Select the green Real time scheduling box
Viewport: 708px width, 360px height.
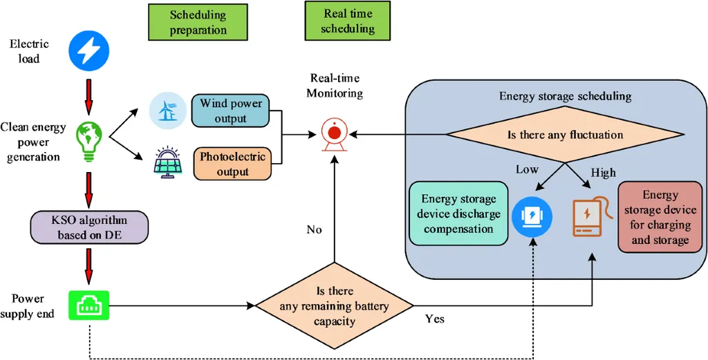pos(348,21)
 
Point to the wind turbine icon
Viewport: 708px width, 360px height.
pos(168,110)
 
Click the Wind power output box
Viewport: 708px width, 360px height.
pos(231,111)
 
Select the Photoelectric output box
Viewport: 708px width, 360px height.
pos(232,164)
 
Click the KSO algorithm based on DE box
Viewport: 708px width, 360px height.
pos(89,227)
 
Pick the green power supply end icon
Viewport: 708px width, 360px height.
pos(88,305)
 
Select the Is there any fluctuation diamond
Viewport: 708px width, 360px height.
pos(565,135)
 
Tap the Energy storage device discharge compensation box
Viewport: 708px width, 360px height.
pos(458,214)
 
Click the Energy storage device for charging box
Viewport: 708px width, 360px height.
pos(660,218)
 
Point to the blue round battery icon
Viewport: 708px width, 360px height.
pos(531,215)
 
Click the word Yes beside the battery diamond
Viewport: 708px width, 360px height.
pos(435,319)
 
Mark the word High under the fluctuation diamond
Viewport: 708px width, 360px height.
pos(603,173)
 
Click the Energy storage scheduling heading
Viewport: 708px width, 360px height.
pos(565,96)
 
